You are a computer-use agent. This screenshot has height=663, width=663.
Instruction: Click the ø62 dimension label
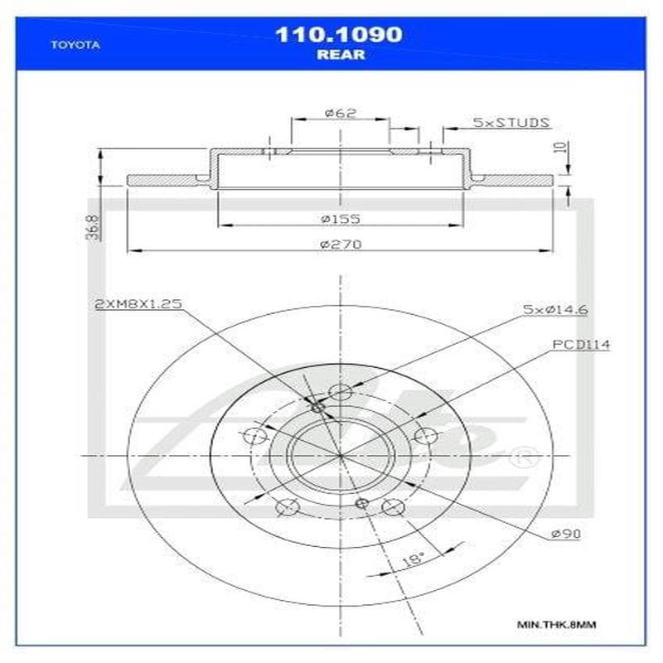click(x=339, y=114)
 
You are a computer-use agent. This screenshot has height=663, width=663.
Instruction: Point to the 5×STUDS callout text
click(x=511, y=123)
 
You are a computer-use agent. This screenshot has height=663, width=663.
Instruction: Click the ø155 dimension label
click(x=338, y=219)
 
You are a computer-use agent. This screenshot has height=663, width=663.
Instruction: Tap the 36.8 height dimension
click(x=93, y=227)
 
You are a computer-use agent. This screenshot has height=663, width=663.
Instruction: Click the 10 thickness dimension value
click(x=563, y=148)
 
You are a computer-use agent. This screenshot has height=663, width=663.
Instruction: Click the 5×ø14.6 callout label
click(x=549, y=309)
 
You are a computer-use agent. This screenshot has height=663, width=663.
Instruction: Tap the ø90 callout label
click(x=566, y=534)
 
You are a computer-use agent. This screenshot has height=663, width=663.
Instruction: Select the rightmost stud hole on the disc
click(x=424, y=437)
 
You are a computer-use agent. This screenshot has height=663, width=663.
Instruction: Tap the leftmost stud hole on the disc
click(x=256, y=437)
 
